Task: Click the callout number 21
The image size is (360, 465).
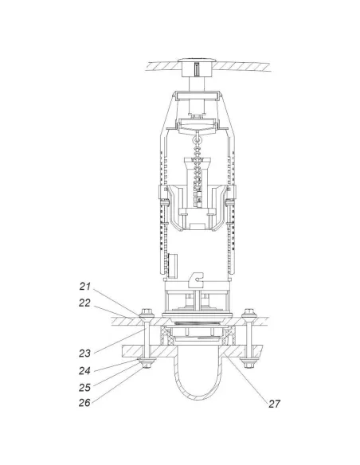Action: [84, 287]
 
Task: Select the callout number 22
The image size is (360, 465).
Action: [84, 303]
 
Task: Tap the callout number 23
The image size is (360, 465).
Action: [84, 354]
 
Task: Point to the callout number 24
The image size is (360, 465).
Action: [84, 371]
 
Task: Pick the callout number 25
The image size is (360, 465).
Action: [84, 387]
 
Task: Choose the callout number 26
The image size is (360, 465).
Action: [84, 403]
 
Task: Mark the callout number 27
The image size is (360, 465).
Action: [274, 404]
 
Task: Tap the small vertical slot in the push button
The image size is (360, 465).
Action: [196, 70]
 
